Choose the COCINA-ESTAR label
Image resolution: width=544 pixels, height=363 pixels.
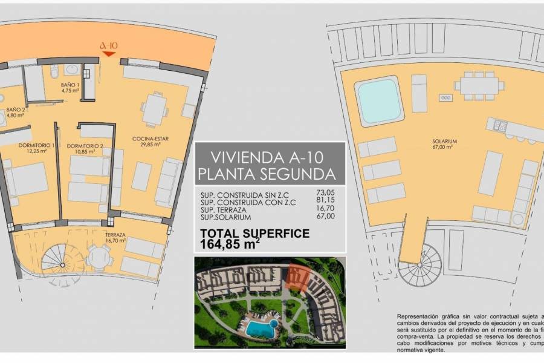[151, 142]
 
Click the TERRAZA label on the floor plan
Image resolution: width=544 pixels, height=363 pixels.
[115, 237]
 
